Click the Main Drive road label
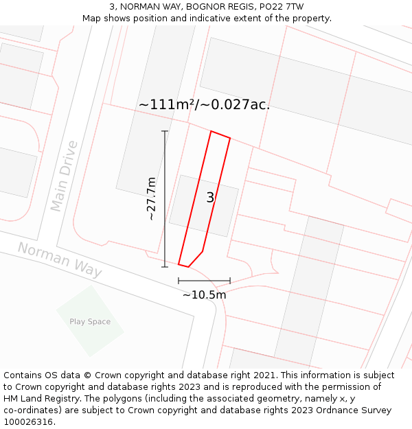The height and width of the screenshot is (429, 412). tap(64, 176)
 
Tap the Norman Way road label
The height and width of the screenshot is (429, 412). tap(60, 259)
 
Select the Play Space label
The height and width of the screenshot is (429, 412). tap(90, 321)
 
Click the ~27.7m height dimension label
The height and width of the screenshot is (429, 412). tap(152, 198)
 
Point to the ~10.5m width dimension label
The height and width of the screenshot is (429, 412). tap(204, 295)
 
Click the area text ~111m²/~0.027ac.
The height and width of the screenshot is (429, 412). tap(204, 104)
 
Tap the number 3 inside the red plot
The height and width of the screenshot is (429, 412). tap(210, 198)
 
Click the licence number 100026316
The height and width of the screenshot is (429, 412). tap(28, 422)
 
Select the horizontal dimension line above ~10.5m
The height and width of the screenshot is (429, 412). tap(204, 281)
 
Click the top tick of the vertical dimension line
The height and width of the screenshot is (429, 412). tap(165, 131)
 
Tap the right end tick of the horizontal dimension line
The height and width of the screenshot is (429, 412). tap(230, 281)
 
